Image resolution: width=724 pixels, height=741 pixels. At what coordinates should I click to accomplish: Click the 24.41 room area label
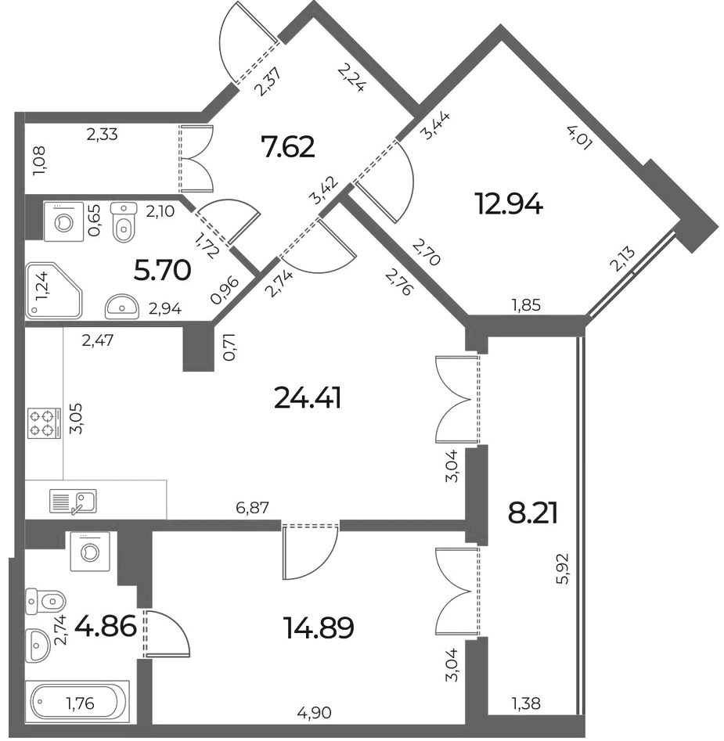(308, 398)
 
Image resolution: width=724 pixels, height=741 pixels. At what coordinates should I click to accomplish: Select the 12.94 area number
(510, 206)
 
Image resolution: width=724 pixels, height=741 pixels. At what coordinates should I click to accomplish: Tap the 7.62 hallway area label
(288, 147)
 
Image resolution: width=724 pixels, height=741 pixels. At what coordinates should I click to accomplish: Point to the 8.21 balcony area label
(532, 513)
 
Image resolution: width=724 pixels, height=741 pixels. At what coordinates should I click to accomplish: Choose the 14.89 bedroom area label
(319, 628)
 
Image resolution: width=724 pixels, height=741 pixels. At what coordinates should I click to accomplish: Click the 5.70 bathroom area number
(163, 271)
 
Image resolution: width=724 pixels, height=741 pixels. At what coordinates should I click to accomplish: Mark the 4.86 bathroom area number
(106, 627)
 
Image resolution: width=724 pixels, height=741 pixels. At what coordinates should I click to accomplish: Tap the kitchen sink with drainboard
(74, 502)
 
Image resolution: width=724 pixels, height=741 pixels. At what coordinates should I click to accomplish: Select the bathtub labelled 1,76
(77, 703)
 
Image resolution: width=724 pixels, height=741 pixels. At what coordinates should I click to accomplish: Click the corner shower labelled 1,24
(54, 291)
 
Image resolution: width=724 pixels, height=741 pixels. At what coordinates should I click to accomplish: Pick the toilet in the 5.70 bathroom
(124, 222)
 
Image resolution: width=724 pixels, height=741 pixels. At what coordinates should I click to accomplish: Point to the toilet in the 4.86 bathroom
(45, 601)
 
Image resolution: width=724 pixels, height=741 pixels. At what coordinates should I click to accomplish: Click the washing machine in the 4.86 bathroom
(90, 551)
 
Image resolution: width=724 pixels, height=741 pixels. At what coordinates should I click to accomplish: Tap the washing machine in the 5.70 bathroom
(63, 221)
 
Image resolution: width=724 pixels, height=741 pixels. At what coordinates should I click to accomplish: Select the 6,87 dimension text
(252, 508)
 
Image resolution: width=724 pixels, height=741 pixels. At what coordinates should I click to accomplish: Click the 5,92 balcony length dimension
(564, 569)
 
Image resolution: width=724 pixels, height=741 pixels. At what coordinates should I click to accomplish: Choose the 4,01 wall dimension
(579, 138)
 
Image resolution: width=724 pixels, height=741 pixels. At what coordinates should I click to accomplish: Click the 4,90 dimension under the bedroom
(315, 712)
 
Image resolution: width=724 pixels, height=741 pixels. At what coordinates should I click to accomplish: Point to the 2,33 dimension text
(102, 135)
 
